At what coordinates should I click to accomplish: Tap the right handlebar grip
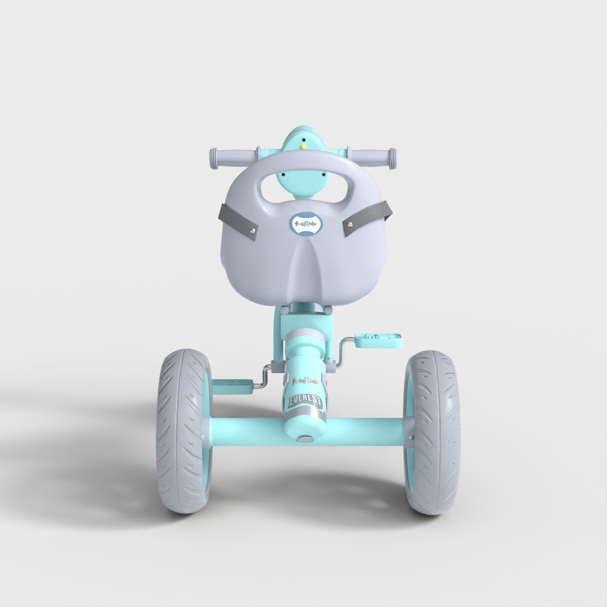click(372, 158)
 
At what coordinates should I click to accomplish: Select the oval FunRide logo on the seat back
click(305, 224)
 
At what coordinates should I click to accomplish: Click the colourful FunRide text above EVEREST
click(305, 381)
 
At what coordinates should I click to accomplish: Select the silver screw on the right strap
click(349, 224)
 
